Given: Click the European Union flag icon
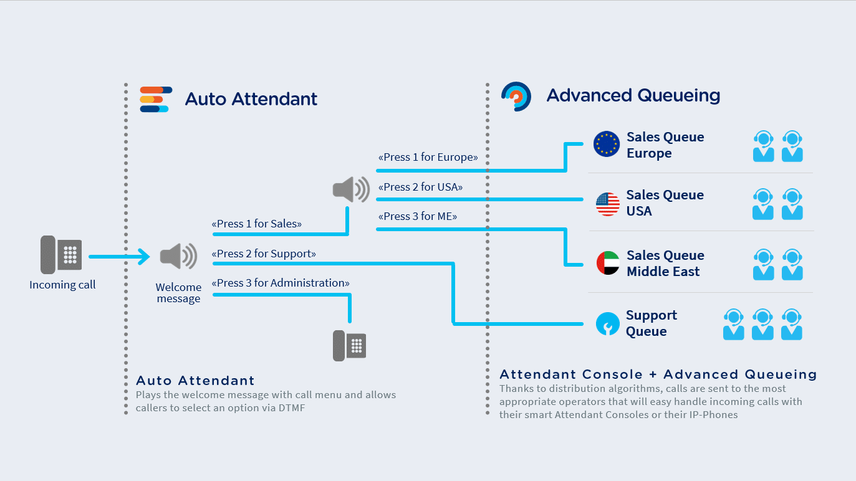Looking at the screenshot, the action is pos(607,144).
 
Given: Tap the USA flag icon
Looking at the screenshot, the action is pos(608,204).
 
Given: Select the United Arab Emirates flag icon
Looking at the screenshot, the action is pos(608,263).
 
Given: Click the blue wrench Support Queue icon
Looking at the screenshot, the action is pos(608,323).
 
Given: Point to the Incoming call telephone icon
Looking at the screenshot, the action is pos(61,254).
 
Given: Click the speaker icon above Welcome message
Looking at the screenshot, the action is pos(178,256).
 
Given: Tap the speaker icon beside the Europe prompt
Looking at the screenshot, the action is pos(351,189).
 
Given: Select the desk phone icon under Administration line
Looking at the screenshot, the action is pos(350,346).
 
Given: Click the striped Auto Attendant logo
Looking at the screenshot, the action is pos(156,99).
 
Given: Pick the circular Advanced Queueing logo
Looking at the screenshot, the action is pos(516,97).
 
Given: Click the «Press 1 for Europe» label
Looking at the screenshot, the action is pos(428,157).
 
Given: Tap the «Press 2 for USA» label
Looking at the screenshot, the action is pos(420,187).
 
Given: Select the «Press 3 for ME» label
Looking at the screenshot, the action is pos(418,216).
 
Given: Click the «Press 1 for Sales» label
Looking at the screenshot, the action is pos(257,224).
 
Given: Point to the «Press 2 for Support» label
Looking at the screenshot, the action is pos(264,254).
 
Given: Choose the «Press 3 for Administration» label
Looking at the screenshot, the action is pos(281,283).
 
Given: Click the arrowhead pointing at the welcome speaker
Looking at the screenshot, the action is pos(145,256).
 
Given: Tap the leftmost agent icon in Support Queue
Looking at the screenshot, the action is pos(733,325).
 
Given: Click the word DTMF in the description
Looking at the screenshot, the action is pos(292,408).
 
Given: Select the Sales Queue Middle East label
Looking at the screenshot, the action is pos(665,263).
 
